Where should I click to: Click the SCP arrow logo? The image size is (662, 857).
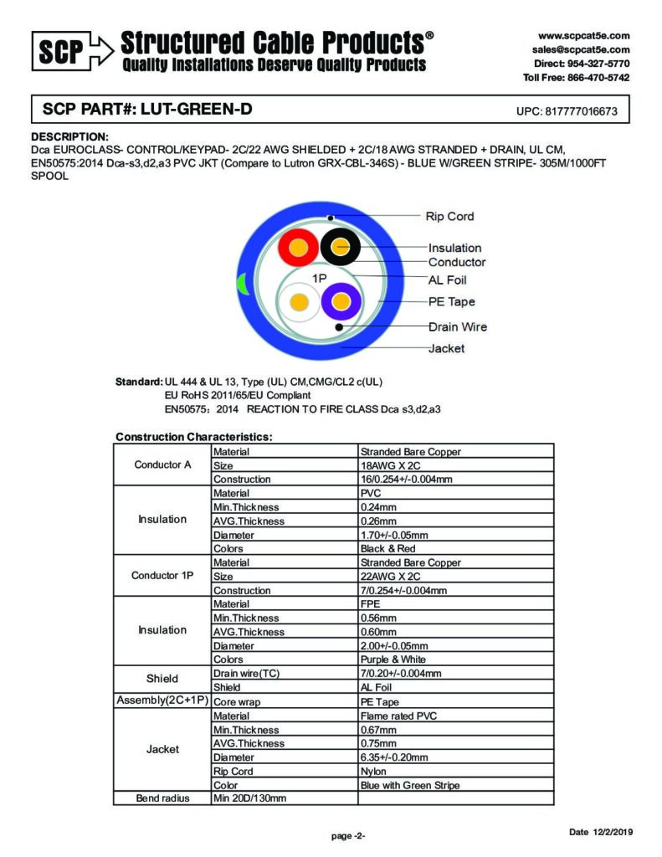coord(72,51)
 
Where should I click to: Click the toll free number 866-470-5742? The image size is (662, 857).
coord(597,78)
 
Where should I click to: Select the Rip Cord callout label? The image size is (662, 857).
coord(449,217)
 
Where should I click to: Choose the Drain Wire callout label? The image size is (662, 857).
coord(457,327)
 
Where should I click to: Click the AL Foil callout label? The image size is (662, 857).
coord(447,280)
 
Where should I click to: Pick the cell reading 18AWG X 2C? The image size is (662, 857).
coord(391,465)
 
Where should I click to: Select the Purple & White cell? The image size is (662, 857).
coord(393,659)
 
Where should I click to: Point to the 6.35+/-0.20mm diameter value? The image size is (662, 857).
coord(394,757)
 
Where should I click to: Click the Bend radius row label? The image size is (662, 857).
coord(162,798)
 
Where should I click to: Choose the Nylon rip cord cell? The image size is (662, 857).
coord(373,772)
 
